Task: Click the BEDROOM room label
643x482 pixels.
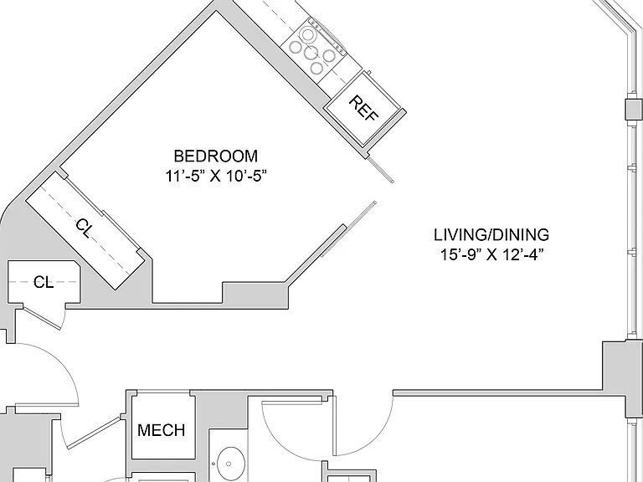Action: (216, 156)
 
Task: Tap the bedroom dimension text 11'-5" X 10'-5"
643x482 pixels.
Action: (216, 177)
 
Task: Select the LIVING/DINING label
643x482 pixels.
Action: (491, 235)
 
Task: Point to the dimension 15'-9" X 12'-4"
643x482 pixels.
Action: (491, 255)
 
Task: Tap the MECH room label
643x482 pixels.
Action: (161, 430)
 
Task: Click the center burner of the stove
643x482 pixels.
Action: (311, 52)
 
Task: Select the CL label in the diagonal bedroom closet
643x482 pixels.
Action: (84, 228)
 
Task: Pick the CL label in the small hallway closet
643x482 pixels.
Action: (44, 282)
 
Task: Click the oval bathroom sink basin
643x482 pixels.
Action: (229, 464)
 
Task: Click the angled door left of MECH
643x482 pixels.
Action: (94, 432)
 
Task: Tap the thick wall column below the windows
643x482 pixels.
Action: (622, 378)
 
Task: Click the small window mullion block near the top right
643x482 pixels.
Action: (634, 109)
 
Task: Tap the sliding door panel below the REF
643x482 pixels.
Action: (381, 170)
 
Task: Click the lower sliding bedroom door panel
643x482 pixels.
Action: (348, 229)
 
